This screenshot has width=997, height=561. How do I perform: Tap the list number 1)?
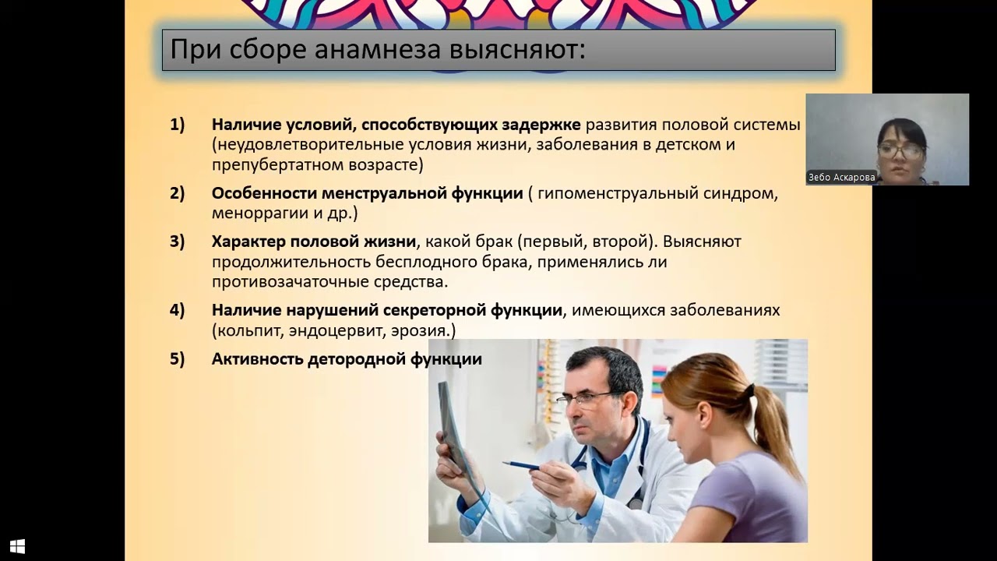tap(178, 124)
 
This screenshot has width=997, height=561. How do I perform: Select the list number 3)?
tap(178, 242)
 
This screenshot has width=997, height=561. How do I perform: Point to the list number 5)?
tap(178, 359)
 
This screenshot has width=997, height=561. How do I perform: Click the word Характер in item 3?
tap(248, 242)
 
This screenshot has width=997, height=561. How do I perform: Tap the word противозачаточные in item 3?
tap(287, 281)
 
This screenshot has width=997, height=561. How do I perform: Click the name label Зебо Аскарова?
tap(841, 177)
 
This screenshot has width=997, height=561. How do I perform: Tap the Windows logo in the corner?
tap(18, 546)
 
